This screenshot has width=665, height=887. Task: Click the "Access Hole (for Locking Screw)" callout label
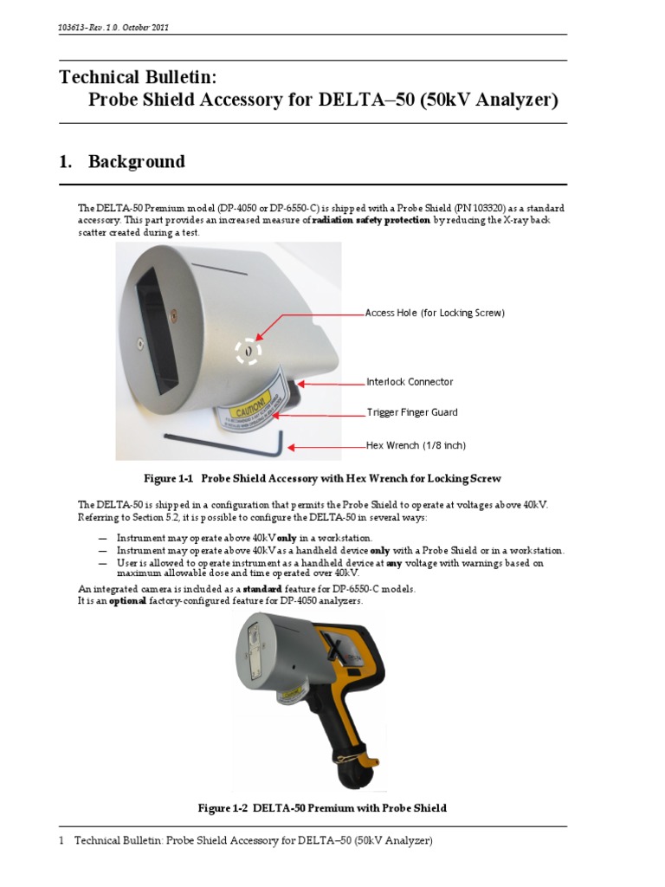click(435, 313)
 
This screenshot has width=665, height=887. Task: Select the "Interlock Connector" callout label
click(409, 382)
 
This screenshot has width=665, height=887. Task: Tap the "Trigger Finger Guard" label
click(411, 413)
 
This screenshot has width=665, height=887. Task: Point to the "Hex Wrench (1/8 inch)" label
click(416, 446)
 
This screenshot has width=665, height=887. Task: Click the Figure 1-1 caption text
click(322, 478)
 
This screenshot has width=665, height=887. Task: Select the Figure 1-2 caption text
click(322, 808)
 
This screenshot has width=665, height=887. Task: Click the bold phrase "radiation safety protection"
click(371, 221)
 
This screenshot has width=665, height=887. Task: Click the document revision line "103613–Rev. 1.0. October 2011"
click(113, 28)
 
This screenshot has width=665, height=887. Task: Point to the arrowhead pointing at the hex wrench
click(293, 447)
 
